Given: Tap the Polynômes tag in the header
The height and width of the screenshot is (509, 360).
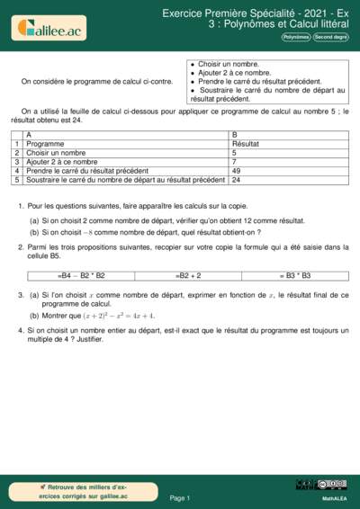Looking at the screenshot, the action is pos(296,37).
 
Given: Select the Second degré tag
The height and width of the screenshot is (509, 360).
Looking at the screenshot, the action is pos(330,37).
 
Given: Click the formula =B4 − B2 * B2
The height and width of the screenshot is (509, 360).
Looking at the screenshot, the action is pos(81,275).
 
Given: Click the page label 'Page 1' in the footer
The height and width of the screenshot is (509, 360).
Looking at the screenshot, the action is pos(180,497).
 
